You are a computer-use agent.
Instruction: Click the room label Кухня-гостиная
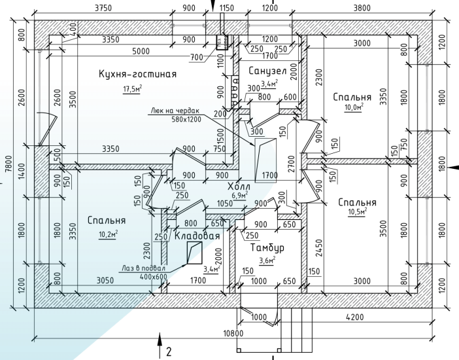(x=137, y=73)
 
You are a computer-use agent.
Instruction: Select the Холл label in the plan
(x=239, y=187)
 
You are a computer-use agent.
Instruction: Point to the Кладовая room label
(x=197, y=236)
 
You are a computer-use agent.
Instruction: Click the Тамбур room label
(x=268, y=248)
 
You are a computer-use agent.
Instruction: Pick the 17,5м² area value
(x=133, y=89)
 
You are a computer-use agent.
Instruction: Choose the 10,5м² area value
(x=357, y=212)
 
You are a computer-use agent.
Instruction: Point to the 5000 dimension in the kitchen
(x=140, y=52)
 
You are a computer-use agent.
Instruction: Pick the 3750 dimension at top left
(x=103, y=8)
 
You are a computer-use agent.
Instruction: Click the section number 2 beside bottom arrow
(x=169, y=351)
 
